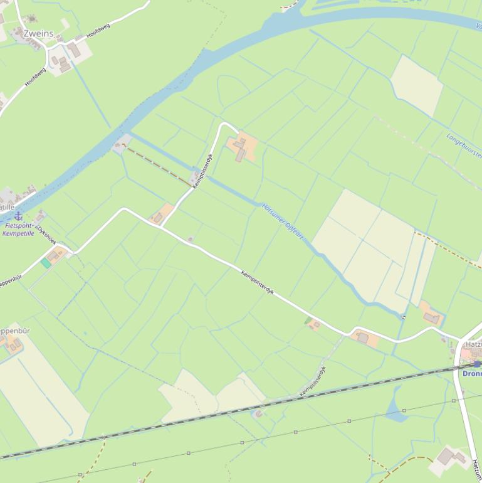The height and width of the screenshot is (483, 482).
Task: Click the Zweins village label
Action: pyautogui.click(x=39, y=33)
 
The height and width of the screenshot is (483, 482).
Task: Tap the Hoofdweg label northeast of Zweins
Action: pyautogui.click(x=98, y=31)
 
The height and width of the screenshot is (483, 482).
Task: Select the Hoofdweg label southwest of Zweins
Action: pyautogui.click(x=35, y=77)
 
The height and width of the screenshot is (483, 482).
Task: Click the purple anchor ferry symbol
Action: pyautogui.click(x=19, y=216)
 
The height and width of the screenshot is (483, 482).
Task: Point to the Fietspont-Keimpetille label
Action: pyautogui.click(x=18, y=229)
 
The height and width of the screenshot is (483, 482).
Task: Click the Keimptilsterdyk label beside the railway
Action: pyautogui.click(x=313, y=381)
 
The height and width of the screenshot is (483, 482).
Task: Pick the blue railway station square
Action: pyautogui.click(x=477, y=364)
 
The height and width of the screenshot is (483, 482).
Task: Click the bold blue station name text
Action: pyautogui.click(x=472, y=374)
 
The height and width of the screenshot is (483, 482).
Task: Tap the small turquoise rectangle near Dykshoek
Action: pyautogui.click(x=46, y=263)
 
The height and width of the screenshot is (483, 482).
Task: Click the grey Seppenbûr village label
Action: pyautogui.click(x=14, y=331)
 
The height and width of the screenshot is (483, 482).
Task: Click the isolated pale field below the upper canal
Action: pyautogui.click(x=416, y=85)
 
